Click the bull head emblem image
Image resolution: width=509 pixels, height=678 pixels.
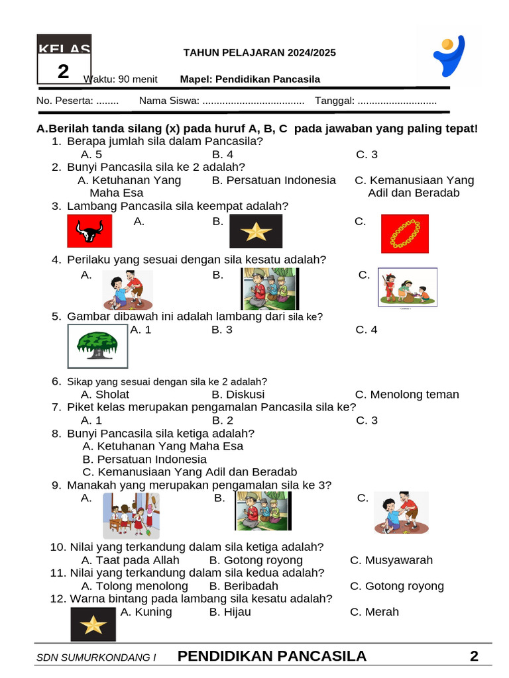[90, 231]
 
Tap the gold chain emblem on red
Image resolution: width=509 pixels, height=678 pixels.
[405, 234]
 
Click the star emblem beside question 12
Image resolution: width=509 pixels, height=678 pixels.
[93, 624]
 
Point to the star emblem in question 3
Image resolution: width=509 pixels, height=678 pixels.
[255, 231]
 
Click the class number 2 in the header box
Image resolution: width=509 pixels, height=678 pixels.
[63, 72]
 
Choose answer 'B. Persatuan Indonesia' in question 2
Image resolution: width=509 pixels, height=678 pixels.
[274, 180]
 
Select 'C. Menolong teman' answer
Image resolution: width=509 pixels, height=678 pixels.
[407, 395]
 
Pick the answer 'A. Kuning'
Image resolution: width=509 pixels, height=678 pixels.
[146, 612]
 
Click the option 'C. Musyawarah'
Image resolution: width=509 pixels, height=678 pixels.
[391, 560]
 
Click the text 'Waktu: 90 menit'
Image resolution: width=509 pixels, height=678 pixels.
[121, 79]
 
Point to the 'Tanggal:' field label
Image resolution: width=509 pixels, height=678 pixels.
[335, 101]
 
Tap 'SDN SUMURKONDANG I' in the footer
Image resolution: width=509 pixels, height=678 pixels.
[96, 657]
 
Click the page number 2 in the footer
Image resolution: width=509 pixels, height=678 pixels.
[474, 656]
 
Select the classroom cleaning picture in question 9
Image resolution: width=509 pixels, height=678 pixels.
[131, 515]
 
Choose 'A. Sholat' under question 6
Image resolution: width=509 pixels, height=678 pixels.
[105, 395]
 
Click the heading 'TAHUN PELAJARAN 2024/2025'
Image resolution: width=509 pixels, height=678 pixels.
[259, 53]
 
